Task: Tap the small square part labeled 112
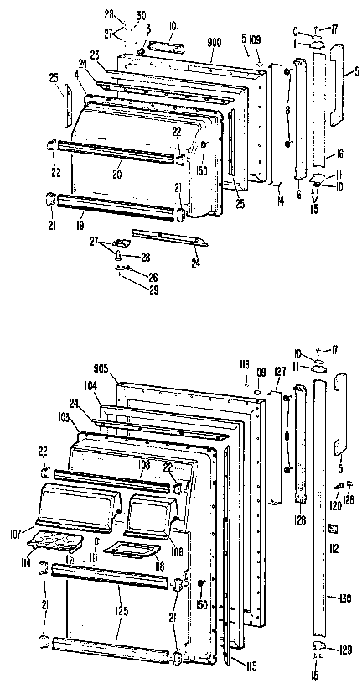pos(333,527)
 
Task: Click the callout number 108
pos(143,463)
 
